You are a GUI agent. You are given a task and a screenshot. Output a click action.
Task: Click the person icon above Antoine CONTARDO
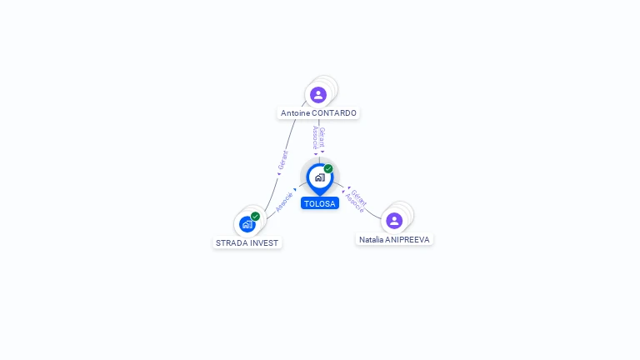click(318, 95)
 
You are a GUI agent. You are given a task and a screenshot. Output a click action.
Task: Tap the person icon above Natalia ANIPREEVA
click(394, 221)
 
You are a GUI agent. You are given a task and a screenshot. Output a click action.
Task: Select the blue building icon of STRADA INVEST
click(247, 224)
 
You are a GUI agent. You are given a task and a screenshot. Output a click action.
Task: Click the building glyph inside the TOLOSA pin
click(320, 177)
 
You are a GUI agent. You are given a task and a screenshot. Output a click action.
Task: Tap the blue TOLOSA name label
click(320, 203)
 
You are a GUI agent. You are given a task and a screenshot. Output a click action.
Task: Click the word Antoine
click(295, 113)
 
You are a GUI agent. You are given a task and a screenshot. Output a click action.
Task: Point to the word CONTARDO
click(334, 113)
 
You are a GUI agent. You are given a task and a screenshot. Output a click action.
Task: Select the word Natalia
click(371, 240)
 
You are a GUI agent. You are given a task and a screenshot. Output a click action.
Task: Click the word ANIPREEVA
click(407, 240)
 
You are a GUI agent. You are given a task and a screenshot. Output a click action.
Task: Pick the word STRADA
click(229, 243)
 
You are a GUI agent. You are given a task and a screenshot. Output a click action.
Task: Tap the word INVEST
click(262, 243)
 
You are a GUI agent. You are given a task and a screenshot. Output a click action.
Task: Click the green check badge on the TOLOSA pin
click(328, 168)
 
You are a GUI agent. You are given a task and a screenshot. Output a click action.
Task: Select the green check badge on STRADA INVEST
click(255, 217)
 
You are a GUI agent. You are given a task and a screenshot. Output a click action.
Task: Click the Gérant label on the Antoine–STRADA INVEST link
click(282, 160)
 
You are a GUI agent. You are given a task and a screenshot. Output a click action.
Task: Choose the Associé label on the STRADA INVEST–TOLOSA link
click(284, 202)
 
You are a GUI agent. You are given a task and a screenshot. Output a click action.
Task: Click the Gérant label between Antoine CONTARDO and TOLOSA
click(322, 137)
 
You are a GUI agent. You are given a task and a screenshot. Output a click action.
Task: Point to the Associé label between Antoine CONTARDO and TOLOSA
click(315, 137)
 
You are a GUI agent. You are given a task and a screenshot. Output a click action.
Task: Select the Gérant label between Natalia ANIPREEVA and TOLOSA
click(359, 198)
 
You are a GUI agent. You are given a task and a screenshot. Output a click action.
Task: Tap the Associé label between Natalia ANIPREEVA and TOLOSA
click(354, 203)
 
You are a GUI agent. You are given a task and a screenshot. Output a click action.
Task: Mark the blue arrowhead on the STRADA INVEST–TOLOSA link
click(295, 190)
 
